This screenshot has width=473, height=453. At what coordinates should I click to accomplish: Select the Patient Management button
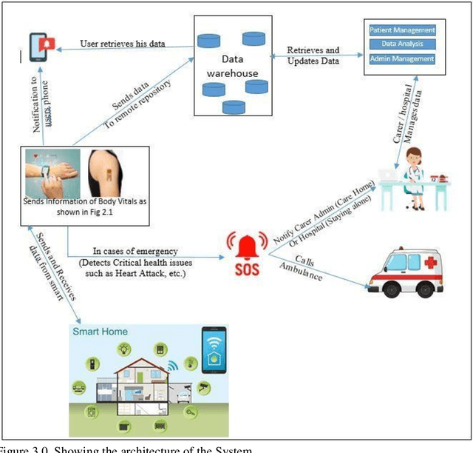tap(402, 30)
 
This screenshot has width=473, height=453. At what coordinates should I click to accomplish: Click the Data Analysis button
tap(402, 44)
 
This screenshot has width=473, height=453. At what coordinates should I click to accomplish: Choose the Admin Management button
tap(402, 58)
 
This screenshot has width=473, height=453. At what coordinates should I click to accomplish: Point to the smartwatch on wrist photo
tap(52, 174)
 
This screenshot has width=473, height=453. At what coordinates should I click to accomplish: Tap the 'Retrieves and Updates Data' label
tap(314, 56)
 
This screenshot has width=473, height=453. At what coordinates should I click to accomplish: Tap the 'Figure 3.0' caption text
tap(22, 449)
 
